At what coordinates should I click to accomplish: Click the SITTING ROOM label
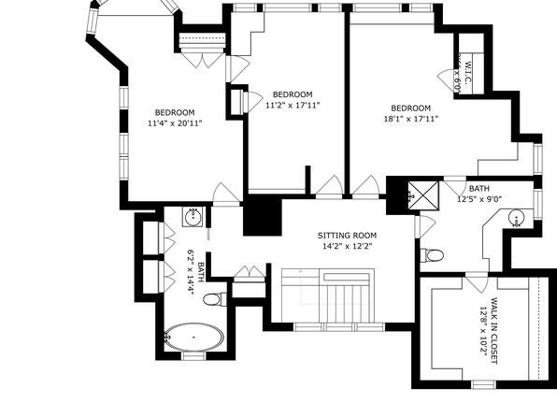click(347, 236)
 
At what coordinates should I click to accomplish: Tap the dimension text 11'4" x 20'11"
click(175, 123)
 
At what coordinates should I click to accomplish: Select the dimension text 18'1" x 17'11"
click(411, 119)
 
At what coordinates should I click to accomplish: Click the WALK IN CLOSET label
click(493, 331)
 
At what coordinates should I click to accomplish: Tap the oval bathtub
click(194, 337)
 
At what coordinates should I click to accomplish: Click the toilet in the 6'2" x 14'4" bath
click(215, 299)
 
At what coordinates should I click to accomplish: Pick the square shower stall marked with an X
click(423, 195)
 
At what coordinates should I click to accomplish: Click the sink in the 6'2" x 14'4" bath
click(193, 217)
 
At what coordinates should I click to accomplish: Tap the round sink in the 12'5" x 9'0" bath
click(516, 218)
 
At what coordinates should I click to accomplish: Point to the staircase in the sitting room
click(328, 295)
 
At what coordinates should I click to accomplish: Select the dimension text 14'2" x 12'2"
click(347, 246)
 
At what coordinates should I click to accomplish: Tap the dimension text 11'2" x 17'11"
click(293, 106)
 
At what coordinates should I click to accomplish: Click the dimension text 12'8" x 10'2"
click(483, 331)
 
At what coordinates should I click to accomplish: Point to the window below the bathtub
click(194, 356)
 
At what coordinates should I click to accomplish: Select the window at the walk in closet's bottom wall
click(483, 384)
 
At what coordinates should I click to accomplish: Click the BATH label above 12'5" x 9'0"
click(478, 189)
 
